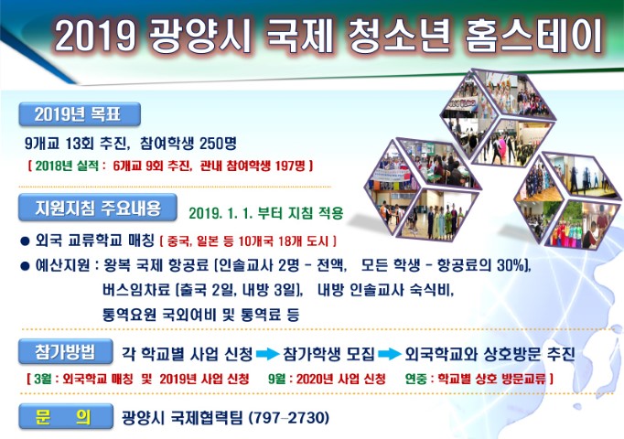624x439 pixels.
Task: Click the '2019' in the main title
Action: click(94, 36)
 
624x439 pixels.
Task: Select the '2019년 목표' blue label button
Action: click(80, 114)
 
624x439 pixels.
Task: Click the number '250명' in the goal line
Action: click(218, 144)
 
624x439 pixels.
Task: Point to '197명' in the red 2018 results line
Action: click(290, 166)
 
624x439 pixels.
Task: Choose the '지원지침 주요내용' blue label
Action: click(98, 208)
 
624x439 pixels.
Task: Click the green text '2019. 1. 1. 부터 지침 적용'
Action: click(266, 213)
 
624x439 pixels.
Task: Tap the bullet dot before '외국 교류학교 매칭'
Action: click(25, 241)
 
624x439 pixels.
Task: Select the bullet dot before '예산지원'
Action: click(25, 266)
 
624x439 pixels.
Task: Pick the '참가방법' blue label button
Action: click(65, 351)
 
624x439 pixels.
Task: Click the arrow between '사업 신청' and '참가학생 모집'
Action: click(267, 354)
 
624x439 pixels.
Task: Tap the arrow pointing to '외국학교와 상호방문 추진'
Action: click(389, 354)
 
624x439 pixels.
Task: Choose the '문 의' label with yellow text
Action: click(66, 416)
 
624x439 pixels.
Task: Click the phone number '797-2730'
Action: click(289, 418)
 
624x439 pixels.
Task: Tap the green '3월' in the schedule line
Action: click(43, 379)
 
